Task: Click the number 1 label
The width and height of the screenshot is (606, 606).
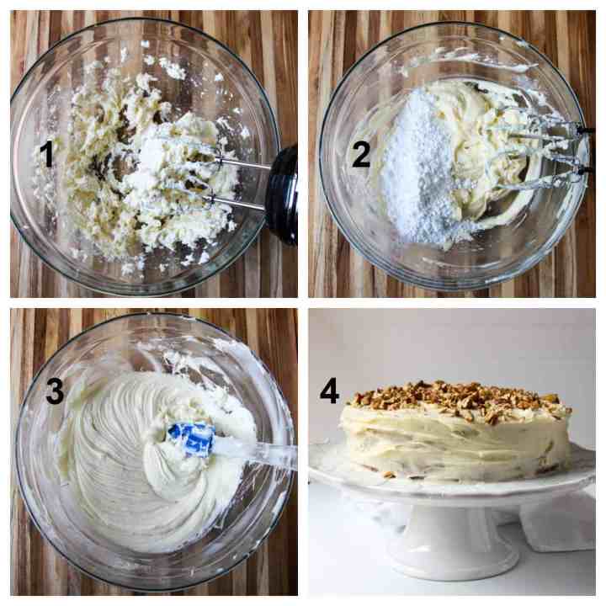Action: (x=47, y=154)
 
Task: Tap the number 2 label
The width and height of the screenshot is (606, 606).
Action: (x=361, y=154)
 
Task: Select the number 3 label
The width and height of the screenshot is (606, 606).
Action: (x=55, y=391)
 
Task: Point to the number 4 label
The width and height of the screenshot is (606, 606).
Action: (x=330, y=391)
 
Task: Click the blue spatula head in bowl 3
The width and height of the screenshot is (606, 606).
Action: (x=191, y=439)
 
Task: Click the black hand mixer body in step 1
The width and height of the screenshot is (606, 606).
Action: (x=282, y=195)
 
